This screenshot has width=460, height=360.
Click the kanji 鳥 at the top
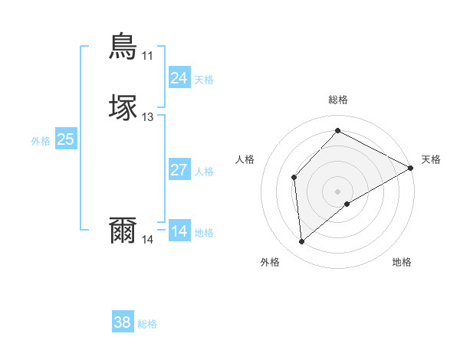tap(123, 45)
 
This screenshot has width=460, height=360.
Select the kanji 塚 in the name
tap(123, 107)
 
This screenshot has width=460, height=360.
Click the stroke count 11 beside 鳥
tap(147, 56)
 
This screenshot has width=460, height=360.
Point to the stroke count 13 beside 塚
tap(147, 117)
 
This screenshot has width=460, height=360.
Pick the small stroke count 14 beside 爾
tap(147, 240)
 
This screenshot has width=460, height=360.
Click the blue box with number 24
tap(179, 78)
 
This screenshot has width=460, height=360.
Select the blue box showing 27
tap(179, 170)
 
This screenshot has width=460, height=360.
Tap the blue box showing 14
tap(179, 231)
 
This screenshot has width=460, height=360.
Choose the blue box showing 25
tap(65, 139)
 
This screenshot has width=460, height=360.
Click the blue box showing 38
tap(122, 322)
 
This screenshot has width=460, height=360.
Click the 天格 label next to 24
tap(204, 80)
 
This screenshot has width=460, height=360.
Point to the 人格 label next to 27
tap(204, 172)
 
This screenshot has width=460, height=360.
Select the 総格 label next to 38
tap(147, 324)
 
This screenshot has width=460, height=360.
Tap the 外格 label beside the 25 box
tap(40, 141)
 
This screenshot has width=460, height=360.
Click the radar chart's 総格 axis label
tap(337, 100)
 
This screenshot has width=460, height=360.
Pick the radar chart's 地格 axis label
tap(402, 262)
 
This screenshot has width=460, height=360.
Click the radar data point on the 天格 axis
tap(411, 168)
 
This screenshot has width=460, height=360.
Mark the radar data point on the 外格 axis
tap(302, 242)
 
